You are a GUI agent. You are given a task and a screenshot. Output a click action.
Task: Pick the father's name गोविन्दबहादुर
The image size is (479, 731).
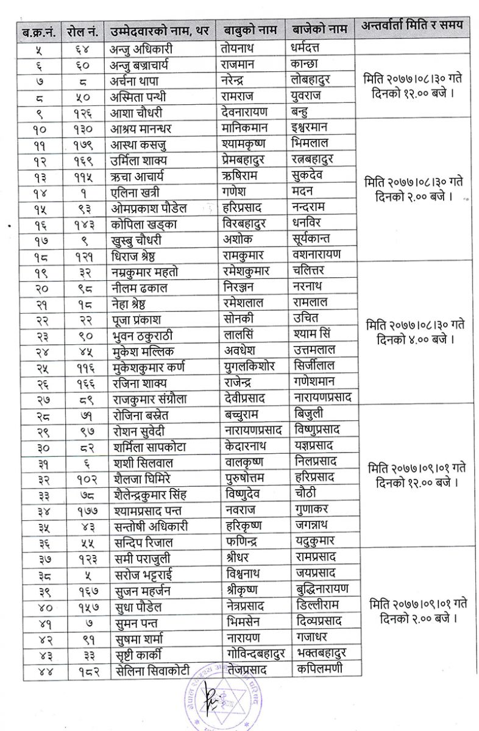click(253, 654)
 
